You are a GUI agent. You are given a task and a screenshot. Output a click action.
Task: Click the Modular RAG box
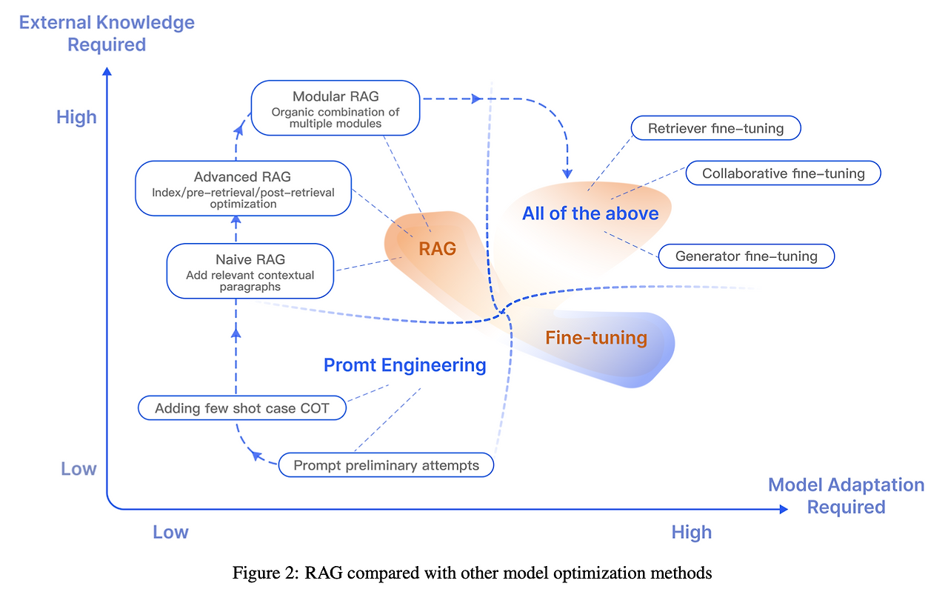click(336, 107)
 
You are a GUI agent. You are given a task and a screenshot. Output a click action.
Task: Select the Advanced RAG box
click(243, 189)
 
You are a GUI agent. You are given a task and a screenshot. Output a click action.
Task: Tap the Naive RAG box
click(250, 272)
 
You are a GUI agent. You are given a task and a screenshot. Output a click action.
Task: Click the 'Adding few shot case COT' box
click(243, 408)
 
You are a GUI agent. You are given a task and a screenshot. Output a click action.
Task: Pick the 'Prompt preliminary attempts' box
click(386, 465)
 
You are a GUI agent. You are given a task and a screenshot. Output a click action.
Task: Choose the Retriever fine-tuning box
click(715, 128)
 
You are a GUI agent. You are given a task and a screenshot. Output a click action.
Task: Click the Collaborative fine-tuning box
click(784, 173)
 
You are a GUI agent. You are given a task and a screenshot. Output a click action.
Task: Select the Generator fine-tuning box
click(747, 256)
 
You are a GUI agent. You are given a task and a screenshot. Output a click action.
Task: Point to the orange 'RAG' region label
click(438, 249)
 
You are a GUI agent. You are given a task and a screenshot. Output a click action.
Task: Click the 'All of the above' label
click(590, 213)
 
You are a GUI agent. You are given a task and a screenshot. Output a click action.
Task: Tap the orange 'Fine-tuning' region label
click(596, 338)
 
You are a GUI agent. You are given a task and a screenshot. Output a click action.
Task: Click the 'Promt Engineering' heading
click(405, 365)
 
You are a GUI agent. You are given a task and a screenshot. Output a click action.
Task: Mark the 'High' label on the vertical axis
click(76, 117)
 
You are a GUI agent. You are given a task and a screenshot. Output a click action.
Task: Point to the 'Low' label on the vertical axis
click(79, 469)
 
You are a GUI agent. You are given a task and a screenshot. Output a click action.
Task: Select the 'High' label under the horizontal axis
click(692, 532)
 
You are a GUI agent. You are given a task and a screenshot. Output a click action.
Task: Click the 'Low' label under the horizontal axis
click(170, 532)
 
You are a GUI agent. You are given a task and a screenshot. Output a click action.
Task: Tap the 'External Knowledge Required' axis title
click(107, 33)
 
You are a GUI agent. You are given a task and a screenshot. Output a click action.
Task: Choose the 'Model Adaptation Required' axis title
click(846, 496)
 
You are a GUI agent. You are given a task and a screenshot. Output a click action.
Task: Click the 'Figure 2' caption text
click(473, 573)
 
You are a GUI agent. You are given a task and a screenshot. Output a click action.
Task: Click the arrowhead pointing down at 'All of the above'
click(567, 173)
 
